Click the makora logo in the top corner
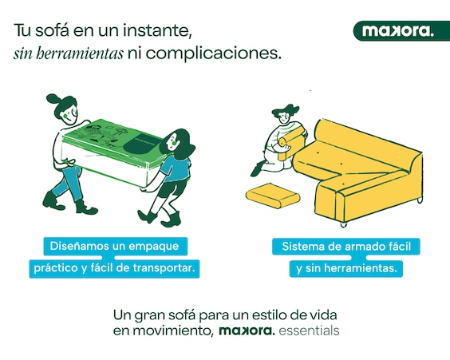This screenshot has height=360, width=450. point(401,30)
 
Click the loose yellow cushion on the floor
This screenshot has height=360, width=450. point(273,196)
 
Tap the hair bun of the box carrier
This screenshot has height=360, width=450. point(53,99)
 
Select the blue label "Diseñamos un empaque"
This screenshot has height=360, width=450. point(116,247)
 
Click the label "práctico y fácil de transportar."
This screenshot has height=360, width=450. point(114,268)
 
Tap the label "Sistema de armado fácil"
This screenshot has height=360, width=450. point(346,247)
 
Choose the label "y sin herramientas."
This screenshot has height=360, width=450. point(346,269)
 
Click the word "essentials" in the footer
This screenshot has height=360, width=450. point(309,330)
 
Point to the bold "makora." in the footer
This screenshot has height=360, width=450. point(247,330)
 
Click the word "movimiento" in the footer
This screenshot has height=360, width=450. point(173,331)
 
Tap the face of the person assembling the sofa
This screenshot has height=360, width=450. point(284,117)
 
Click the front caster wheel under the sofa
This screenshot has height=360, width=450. point(344,224)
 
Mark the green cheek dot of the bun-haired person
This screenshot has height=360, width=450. point(65,116)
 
